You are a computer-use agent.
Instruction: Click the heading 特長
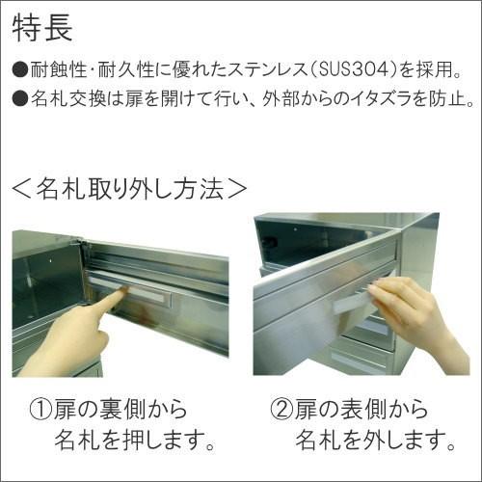click(x=41, y=27)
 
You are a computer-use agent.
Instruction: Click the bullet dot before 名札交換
click(x=20, y=97)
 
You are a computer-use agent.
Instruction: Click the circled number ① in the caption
click(x=41, y=410)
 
